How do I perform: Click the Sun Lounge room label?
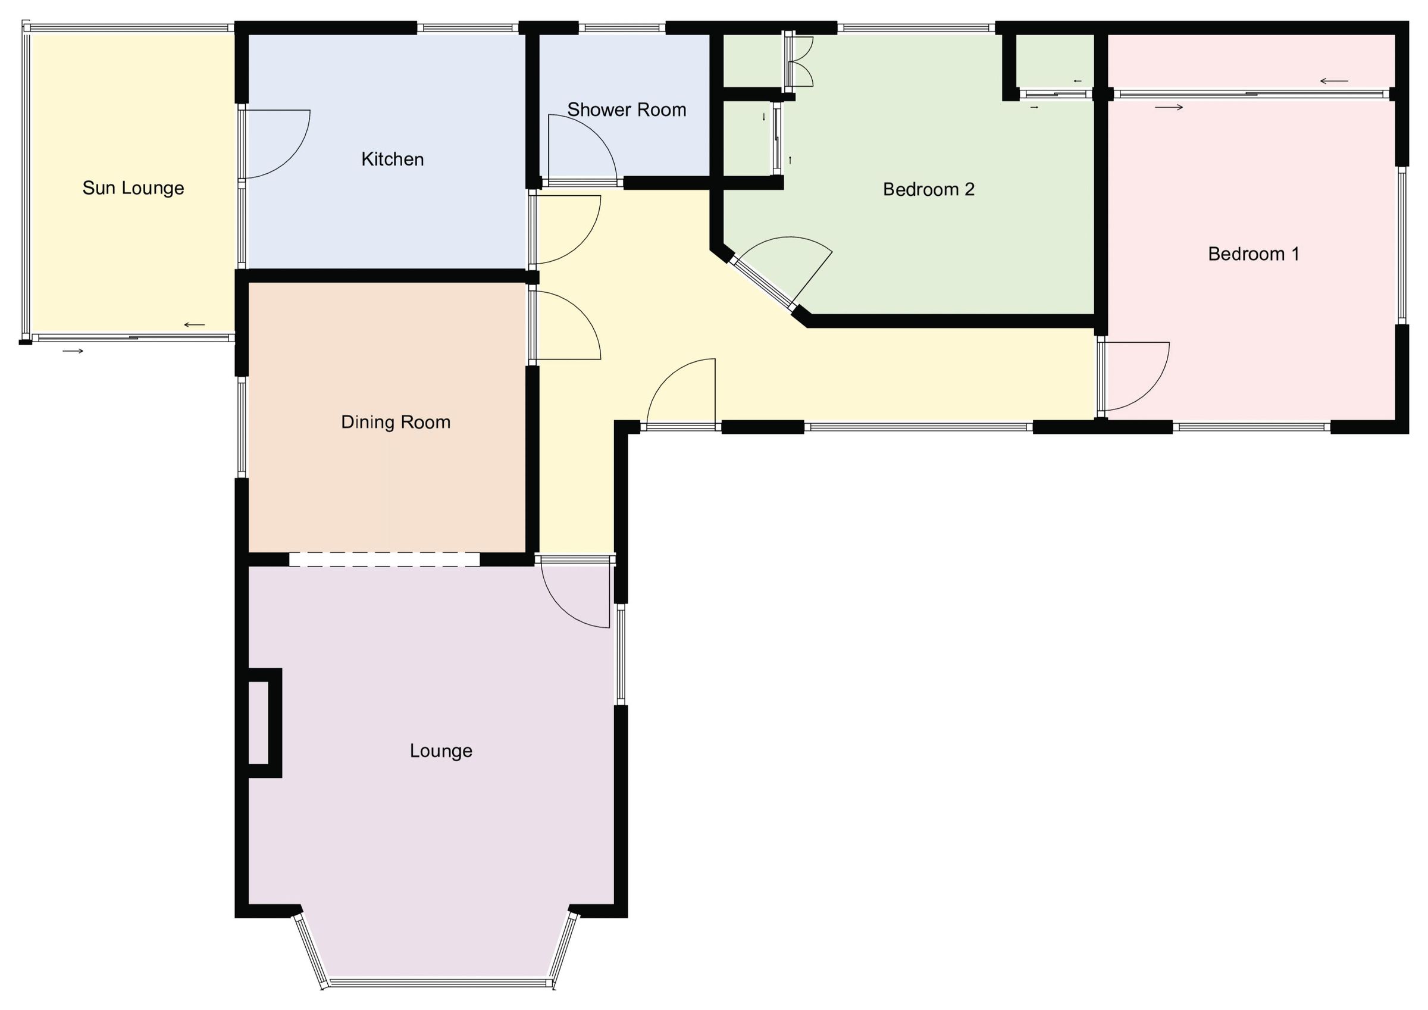133,188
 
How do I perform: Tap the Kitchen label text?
393,160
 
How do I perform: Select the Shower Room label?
627,110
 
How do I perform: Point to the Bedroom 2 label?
929,189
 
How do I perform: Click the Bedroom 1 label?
1253,254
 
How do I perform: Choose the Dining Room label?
396,423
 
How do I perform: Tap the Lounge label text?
441,751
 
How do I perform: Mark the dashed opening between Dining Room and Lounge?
384,559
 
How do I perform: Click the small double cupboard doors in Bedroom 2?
801,62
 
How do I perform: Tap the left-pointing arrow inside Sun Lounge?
194,325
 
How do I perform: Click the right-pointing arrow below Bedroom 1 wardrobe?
1169,108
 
